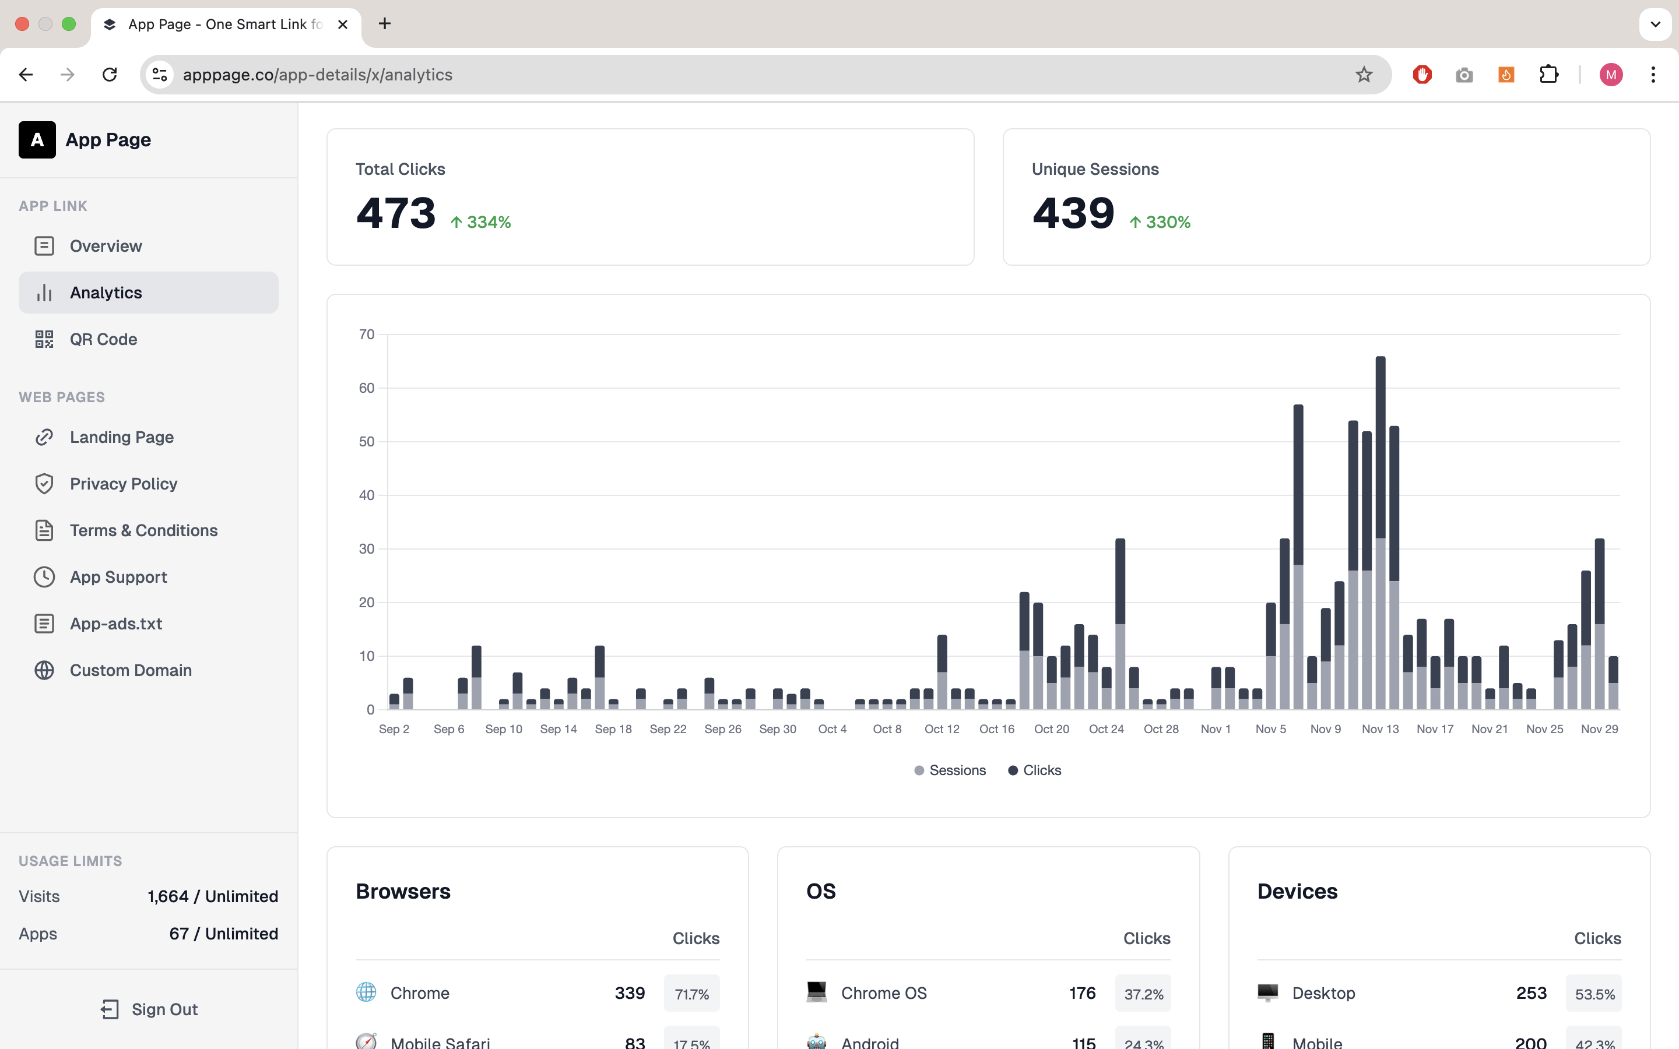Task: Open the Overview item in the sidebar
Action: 106,247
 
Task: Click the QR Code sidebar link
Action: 103,339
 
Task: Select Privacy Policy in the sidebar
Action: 124,484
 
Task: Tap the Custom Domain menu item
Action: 131,670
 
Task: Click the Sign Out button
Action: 149,1009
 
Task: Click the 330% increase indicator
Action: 1160,222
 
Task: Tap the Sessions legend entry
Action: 950,770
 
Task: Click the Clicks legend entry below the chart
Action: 1034,770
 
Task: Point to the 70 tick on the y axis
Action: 366,335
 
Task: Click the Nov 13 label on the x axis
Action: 1380,729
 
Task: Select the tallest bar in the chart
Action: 1381,533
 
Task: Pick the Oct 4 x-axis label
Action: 833,729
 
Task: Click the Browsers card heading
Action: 403,892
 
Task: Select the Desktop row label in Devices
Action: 1323,994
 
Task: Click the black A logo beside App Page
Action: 37,140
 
